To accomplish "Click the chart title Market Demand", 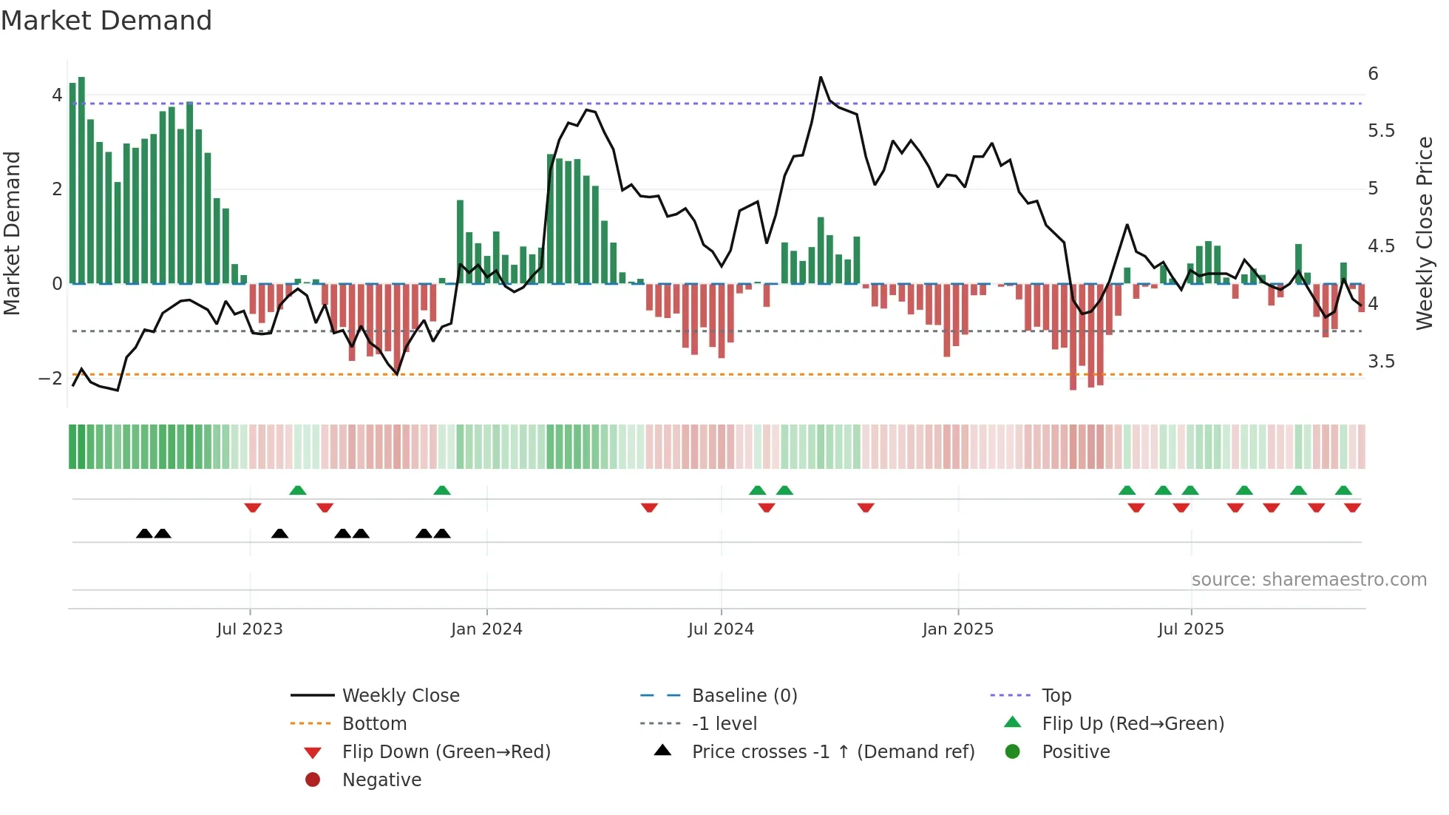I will pyautogui.click(x=106, y=21).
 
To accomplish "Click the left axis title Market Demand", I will pyautogui.click(x=13, y=233).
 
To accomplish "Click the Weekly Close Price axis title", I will pyautogui.click(x=1424, y=233).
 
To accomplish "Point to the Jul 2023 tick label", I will pyautogui.click(x=250, y=629).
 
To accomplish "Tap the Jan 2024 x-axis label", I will pyautogui.click(x=486, y=629).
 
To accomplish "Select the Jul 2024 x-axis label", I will pyautogui.click(x=721, y=629).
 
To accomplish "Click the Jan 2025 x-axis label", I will pyautogui.click(x=958, y=629).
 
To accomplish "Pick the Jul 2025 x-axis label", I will pyautogui.click(x=1191, y=629).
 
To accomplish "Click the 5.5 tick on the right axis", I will pyautogui.click(x=1381, y=131).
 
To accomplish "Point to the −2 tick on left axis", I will pyautogui.click(x=50, y=379).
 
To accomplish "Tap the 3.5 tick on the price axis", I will pyautogui.click(x=1381, y=362).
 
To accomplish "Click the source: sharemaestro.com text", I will pyautogui.click(x=1309, y=580).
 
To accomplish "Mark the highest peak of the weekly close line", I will pyautogui.click(x=821, y=77).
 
